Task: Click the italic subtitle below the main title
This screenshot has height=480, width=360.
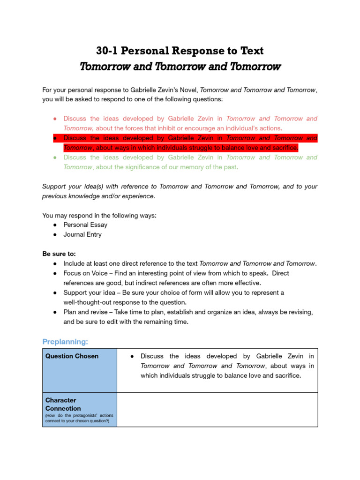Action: (x=180, y=66)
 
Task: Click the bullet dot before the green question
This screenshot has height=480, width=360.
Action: (x=55, y=157)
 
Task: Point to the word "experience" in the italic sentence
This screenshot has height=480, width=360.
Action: (x=138, y=196)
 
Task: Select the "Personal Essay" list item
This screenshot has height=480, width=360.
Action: (x=85, y=225)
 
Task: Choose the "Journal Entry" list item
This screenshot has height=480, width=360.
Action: (x=82, y=234)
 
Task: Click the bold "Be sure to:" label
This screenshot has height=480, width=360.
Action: (x=59, y=254)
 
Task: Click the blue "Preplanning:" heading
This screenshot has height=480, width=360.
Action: (x=65, y=341)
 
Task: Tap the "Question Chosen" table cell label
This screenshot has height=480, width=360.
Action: (x=72, y=356)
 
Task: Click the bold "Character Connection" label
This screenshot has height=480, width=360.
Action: (x=63, y=404)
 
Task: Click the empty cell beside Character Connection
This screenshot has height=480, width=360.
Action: (x=217, y=409)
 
